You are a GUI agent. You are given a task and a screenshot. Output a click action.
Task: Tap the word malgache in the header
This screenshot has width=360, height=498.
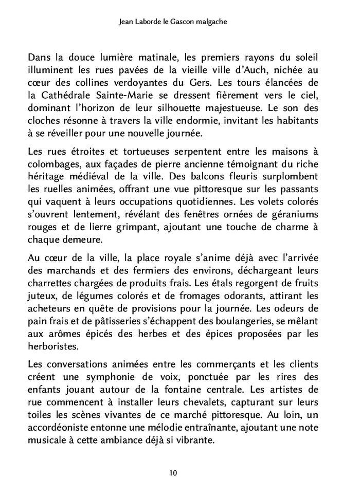[221, 23]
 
